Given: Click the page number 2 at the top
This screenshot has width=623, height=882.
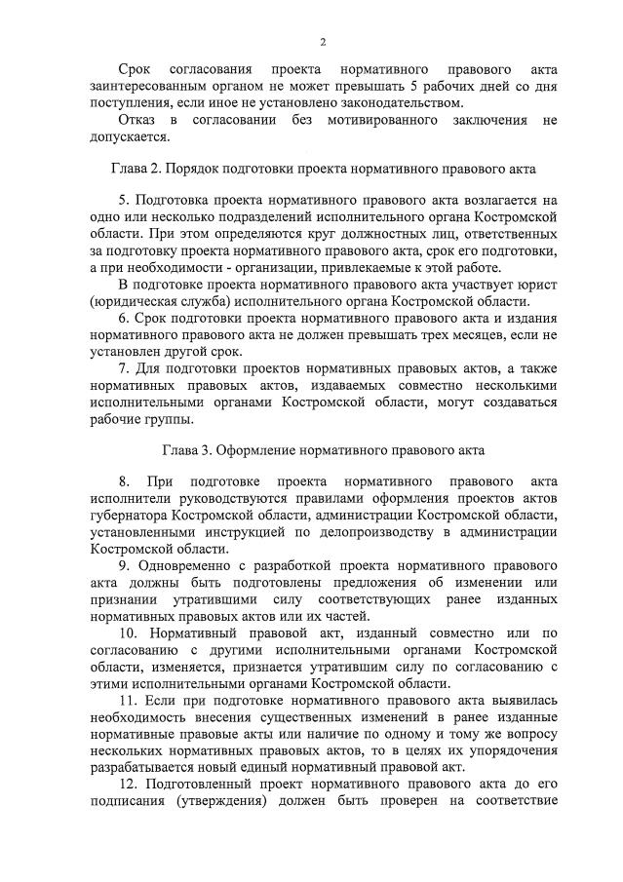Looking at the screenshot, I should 323,41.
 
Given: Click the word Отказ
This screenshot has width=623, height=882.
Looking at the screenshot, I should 136,119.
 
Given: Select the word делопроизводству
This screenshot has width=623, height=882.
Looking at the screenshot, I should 366,532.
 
